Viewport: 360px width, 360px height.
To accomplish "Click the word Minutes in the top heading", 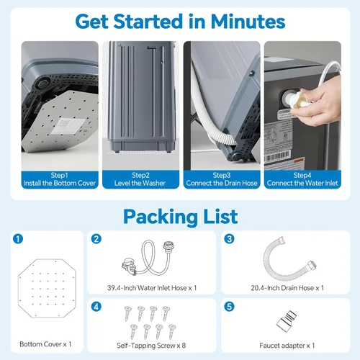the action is pyautogui.click(x=248, y=22).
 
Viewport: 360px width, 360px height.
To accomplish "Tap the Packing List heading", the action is pyautogui.click(x=181, y=217).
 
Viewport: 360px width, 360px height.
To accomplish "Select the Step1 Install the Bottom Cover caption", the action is pyautogui.click(x=60, y=179).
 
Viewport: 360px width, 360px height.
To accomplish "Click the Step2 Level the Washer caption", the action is pyautogui.click(x=140, y=179).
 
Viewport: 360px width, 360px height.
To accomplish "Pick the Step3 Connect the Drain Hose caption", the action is pyautogui.click(x=222, y=179).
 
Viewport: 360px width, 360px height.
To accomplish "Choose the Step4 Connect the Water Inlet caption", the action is pyautogui.click(x=302, y=179).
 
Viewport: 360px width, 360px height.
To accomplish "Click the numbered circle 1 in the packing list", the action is pyautogui.click(x=18, y=239).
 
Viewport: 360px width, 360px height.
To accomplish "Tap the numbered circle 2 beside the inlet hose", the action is pyautogui.click(x=96, y=239).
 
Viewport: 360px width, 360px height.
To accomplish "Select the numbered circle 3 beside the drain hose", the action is pyautogui.click(x=229, y=239).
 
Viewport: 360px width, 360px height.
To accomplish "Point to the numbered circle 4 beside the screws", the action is pyautogui.click(x=96, y=307).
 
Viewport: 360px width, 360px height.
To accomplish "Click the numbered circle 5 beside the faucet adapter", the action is pyautogui.click(x=229, y=307).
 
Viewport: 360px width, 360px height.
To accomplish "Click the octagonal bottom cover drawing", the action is pyautogui.click(x=47, y=288).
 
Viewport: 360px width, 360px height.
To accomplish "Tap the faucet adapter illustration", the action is pyautogui.click(x=287, y=321).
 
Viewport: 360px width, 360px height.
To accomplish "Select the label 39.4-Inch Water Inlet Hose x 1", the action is pyautogui.click(x=152, y=288).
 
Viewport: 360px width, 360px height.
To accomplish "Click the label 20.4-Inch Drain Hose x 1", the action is pyautogui.click(x=287, y=288).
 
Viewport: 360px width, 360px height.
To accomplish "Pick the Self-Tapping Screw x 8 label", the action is pyautogui.click(x=151, y=346).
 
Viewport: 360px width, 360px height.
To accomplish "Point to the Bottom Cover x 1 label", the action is pyautogui.click(x=45, y=344).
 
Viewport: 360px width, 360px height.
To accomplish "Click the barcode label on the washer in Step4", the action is pyautogui.click(x=276, y=156).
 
